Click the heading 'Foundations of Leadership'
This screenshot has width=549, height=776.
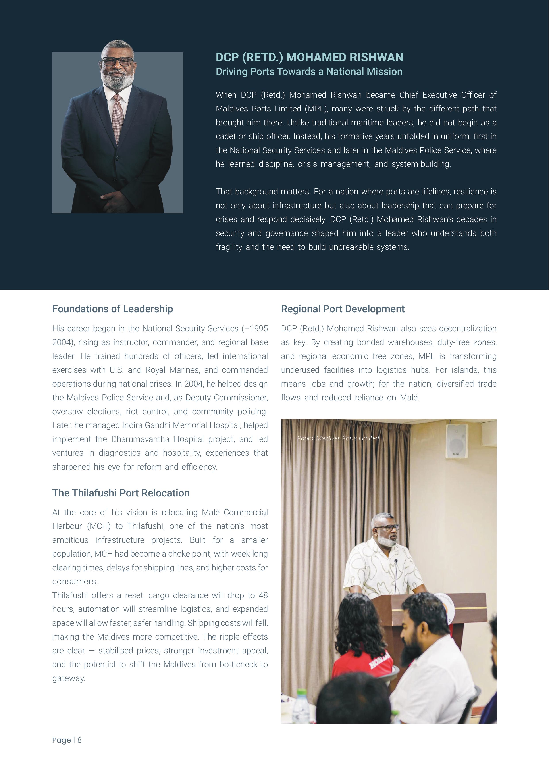point(113,309)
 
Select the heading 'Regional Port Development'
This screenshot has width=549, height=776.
point(343,309)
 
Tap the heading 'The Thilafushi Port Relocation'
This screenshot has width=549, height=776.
point(121,493)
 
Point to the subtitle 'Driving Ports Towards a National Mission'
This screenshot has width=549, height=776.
point(309,72)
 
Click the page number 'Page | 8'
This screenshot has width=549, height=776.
point(67,740)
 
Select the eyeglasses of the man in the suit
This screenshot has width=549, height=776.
point(117,61)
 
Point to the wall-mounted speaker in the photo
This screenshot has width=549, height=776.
point(457,441)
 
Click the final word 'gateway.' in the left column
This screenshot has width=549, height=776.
point(69,678)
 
